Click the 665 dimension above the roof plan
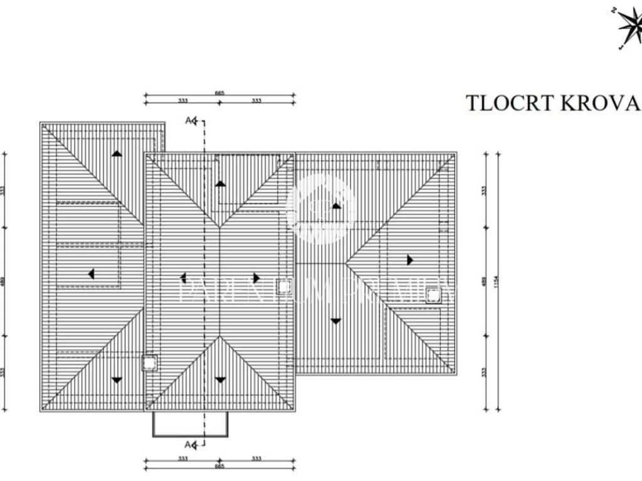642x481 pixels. tap(219, 93)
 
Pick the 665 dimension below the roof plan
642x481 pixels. tap(219, 467)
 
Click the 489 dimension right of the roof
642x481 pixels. tap(483, 282)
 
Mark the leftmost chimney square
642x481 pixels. tap(149, 363)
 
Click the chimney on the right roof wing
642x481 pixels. tap(433, 296)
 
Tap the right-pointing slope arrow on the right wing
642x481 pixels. tap(409, 260)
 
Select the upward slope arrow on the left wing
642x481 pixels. tap(117, 153)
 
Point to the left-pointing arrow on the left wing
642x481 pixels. tap(91, 274)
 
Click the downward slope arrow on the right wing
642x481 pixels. tap(335, 321)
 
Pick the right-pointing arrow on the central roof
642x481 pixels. tap(256, 277)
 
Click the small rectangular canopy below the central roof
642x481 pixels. tap(191, 424)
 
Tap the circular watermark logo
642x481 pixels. tap(320, 209)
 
